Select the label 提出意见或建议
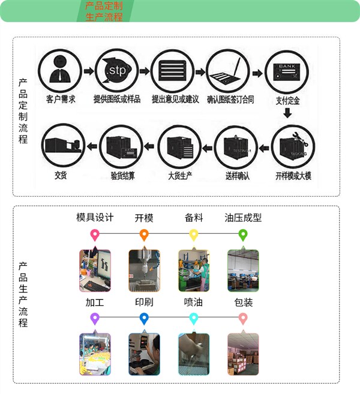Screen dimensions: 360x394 tap(175, 100)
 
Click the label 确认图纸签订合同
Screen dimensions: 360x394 tap(230, 100)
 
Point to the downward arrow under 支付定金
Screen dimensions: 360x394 tap(288, 113)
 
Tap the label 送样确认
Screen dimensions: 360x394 tap(237, 176)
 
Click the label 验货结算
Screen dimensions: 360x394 tap(122, 176)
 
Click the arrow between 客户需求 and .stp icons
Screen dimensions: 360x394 tap(88, 71)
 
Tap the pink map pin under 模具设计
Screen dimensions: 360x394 tap(94, 234)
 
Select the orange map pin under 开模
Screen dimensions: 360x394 tap(144, 234)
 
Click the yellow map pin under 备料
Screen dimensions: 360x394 tap(194, 234)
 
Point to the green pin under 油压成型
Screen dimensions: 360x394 tap(243, 234)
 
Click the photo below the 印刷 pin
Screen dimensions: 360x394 tap(144, 354)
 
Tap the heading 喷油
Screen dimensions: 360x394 tap(193, 302)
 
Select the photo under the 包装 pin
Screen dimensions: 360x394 tap(243, 354)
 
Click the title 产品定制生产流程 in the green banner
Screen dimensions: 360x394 tap(104, 11)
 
